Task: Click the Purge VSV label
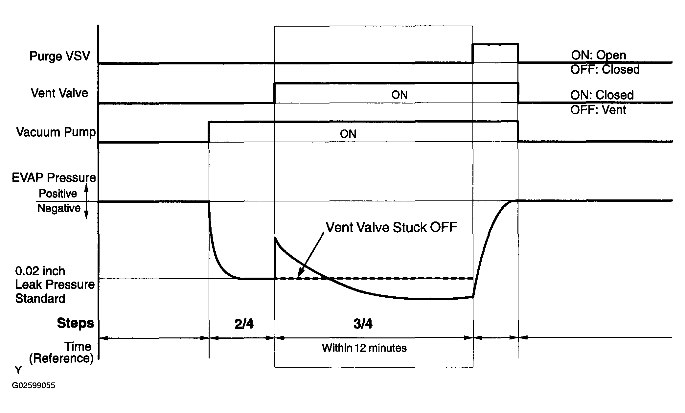(x=60, y=56)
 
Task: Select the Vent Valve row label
(x=59, y=93)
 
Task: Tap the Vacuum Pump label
(x=56, y=132)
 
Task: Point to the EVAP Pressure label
(x=54, y=178)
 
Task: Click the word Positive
(x=58, y=194)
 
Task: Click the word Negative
(x=59, y=208)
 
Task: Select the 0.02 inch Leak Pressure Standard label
(x=55, y=285)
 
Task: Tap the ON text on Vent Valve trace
(x=400, y=95)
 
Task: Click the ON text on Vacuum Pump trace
(x=348, y=134)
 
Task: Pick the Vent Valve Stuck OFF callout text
(x=391, y=227)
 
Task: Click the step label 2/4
(x=244, y=324)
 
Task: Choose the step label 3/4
(x=363, y=324)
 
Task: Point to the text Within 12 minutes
(x=364, y=348)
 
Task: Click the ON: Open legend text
(x=599, y=55)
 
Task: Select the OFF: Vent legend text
(x=598, y=110)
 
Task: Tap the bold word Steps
(x=76, y=323)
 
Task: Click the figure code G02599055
(x=34, y=385)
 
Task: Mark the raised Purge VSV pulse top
(x=495, y=44)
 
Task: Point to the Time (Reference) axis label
(x=61, y=353)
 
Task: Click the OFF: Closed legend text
(x=605, y=70)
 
